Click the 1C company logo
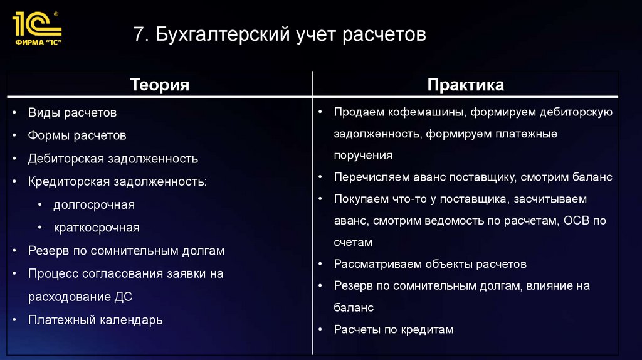click(37, 27)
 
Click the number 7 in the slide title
click(139, 33)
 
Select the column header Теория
click(159, 85)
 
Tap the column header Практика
click(465, 85)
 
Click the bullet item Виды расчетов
click(72, 113)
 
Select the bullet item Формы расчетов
click(76, 135)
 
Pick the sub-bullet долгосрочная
click(94, 205)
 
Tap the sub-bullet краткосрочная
click(96, 228)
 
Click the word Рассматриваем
click(377, 264)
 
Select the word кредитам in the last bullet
click(426, 329)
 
